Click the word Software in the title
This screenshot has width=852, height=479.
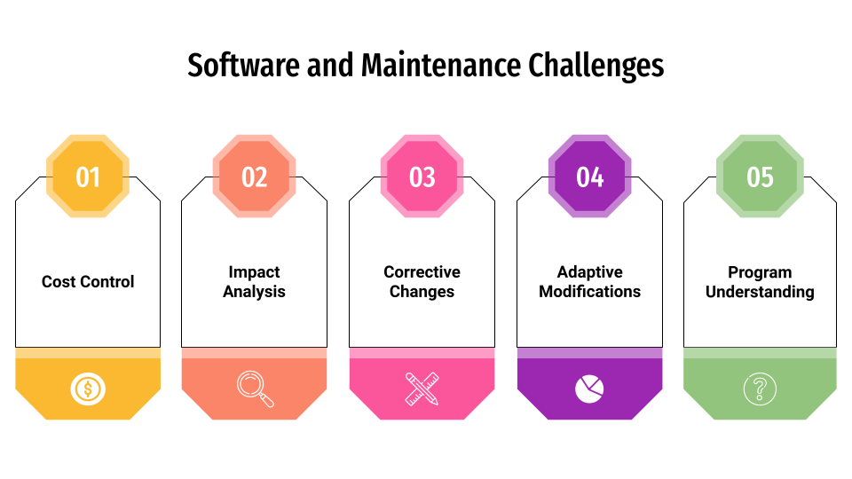(x=243, y=67)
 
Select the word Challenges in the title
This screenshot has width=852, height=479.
(x=596, y=67)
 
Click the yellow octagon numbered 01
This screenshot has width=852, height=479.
(x=88, y=177)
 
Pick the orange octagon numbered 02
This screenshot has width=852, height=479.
(x=255, y=177)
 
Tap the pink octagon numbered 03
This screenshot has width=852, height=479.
(x=422, y=177)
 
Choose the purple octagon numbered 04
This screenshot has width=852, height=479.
(x=590, y=177)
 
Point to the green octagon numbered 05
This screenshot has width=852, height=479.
(x=760, y=177)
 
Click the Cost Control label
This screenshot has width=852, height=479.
(x=88, y=282)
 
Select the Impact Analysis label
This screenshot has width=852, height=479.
(x=255, y=282)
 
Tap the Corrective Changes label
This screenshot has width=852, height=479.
(x=422, y=282)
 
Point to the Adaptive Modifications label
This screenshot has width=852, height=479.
(x=590, y=282)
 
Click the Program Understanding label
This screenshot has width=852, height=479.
(x=760, y=282)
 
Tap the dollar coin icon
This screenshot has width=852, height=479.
(x=88, y=389)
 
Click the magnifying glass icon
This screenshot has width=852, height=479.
(x=255, y=389)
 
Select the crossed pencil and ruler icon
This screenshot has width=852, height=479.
(x=422, y=389)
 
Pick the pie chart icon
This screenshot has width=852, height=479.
(x=590, y=389)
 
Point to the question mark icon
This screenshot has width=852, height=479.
(x=760, y=389)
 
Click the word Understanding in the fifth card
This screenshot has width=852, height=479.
(x=760, y=292)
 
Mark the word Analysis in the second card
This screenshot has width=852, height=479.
(x=255, y=292)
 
